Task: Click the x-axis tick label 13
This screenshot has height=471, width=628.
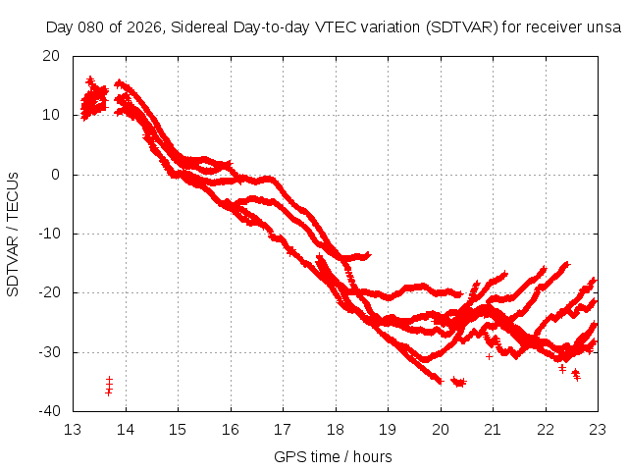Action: [x=73, y=429]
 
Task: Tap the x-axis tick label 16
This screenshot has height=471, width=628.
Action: [x=230, y=429]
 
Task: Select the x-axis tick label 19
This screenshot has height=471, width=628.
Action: [x=388, y=429]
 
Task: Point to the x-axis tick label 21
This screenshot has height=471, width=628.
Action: [x=493, y=429]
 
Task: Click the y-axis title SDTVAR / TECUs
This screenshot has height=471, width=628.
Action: [x=14, y=233]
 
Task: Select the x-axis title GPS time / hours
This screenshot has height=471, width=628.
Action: [x=334, y=456]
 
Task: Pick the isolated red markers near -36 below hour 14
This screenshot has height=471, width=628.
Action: [x=109, y=386]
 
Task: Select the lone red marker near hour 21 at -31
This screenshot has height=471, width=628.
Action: [x=489, y=356]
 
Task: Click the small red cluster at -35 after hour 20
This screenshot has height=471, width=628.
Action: [x=458, y=381]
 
